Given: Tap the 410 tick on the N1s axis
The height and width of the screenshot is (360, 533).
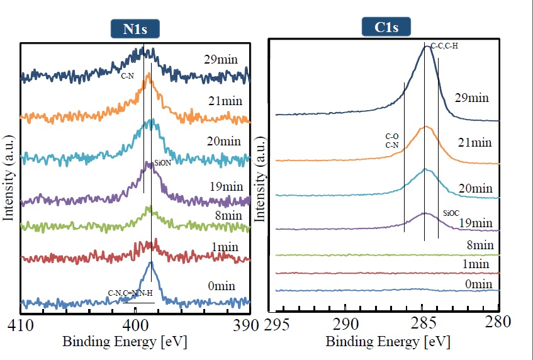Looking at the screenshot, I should pyautogui.click(x=21, y=325).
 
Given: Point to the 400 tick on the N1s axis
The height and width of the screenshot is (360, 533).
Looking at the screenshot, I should pyautogui.click(x=136, y=325).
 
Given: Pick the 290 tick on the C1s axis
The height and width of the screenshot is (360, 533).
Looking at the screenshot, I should pyautogui.click(x=345, y=325).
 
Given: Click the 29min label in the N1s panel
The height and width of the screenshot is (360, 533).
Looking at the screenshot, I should pyautogui.click(x=220, y=60).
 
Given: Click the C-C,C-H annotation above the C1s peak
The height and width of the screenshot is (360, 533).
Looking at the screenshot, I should pyautogui.click(x=444, y=46).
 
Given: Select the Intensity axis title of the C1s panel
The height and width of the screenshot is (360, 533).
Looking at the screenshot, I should pyautogui.click(x=259, y=183).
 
